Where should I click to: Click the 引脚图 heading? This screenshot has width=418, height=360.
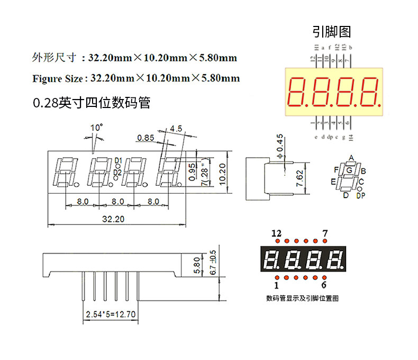click(x=332, y=32)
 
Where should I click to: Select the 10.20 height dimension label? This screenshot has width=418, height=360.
click(x=223, y=173)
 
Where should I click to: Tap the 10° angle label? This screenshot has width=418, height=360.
click(x=96, y=128)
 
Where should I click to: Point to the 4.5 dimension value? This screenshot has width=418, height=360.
click(x=176, y=128)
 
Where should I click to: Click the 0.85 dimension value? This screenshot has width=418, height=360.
click(x=146, y=138)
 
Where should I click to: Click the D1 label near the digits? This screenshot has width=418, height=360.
click(x=118, y=160)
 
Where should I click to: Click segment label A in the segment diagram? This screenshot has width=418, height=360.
click(x=350, y=158)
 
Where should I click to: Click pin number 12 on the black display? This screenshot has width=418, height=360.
click(x=276, y=233)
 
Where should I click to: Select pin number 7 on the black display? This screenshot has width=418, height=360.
click(x=325, y=233)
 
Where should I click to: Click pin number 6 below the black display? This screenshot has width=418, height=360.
click(x=324, y=286)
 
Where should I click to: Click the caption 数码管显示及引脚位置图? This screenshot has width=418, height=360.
click(x=302, y=298)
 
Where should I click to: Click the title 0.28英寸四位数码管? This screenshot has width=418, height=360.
click(x=92, y=103)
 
